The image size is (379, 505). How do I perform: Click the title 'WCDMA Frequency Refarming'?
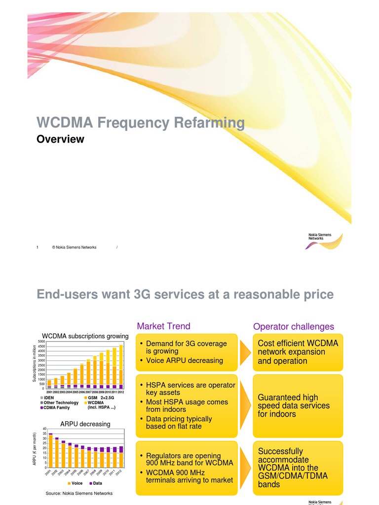141,123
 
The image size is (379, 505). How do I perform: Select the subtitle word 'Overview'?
61,140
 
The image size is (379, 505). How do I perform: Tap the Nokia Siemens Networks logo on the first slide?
324,241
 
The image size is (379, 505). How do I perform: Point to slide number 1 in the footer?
38,248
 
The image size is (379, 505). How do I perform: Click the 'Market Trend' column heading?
163,326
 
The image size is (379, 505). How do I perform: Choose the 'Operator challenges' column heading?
293,326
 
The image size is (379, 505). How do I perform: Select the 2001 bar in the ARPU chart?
50,450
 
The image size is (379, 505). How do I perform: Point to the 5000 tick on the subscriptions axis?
41,341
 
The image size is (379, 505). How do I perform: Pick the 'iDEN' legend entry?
48,397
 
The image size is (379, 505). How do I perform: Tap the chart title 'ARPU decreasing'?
85,424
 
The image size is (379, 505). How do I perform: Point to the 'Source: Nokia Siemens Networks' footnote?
79,493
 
